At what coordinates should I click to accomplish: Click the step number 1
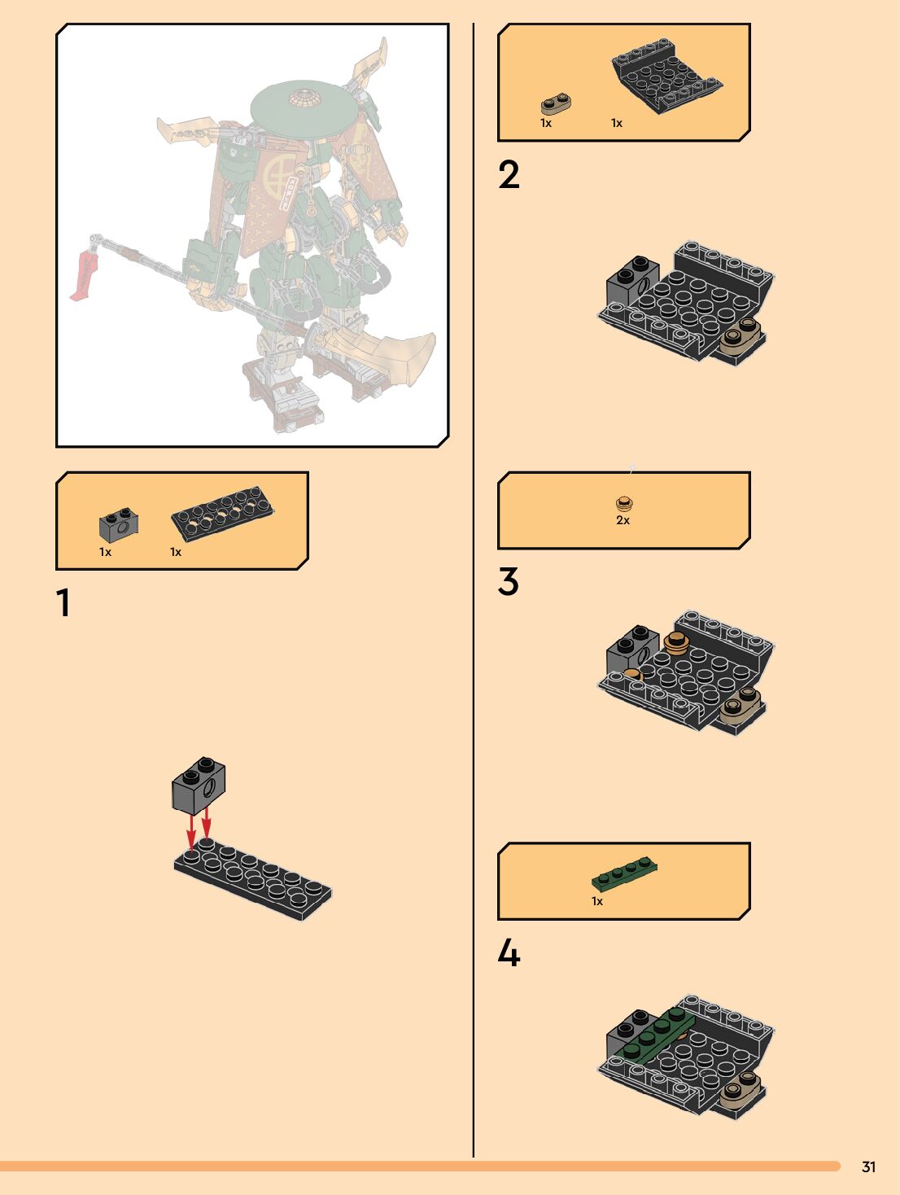63,602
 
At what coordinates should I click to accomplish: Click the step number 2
509,175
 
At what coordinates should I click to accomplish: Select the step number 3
509,581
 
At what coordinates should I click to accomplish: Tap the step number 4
509,953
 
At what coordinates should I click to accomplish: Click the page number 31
868,1167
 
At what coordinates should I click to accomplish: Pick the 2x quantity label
623,520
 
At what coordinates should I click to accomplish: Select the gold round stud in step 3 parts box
624,503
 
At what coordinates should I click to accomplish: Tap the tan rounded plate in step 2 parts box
556,103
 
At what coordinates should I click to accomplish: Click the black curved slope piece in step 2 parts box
666,76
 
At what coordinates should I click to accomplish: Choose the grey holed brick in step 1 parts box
119,525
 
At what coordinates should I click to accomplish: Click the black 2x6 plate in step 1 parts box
222,514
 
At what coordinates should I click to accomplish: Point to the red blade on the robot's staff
85,275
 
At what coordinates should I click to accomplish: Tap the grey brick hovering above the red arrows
199,785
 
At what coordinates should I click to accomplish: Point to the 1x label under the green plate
597,901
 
